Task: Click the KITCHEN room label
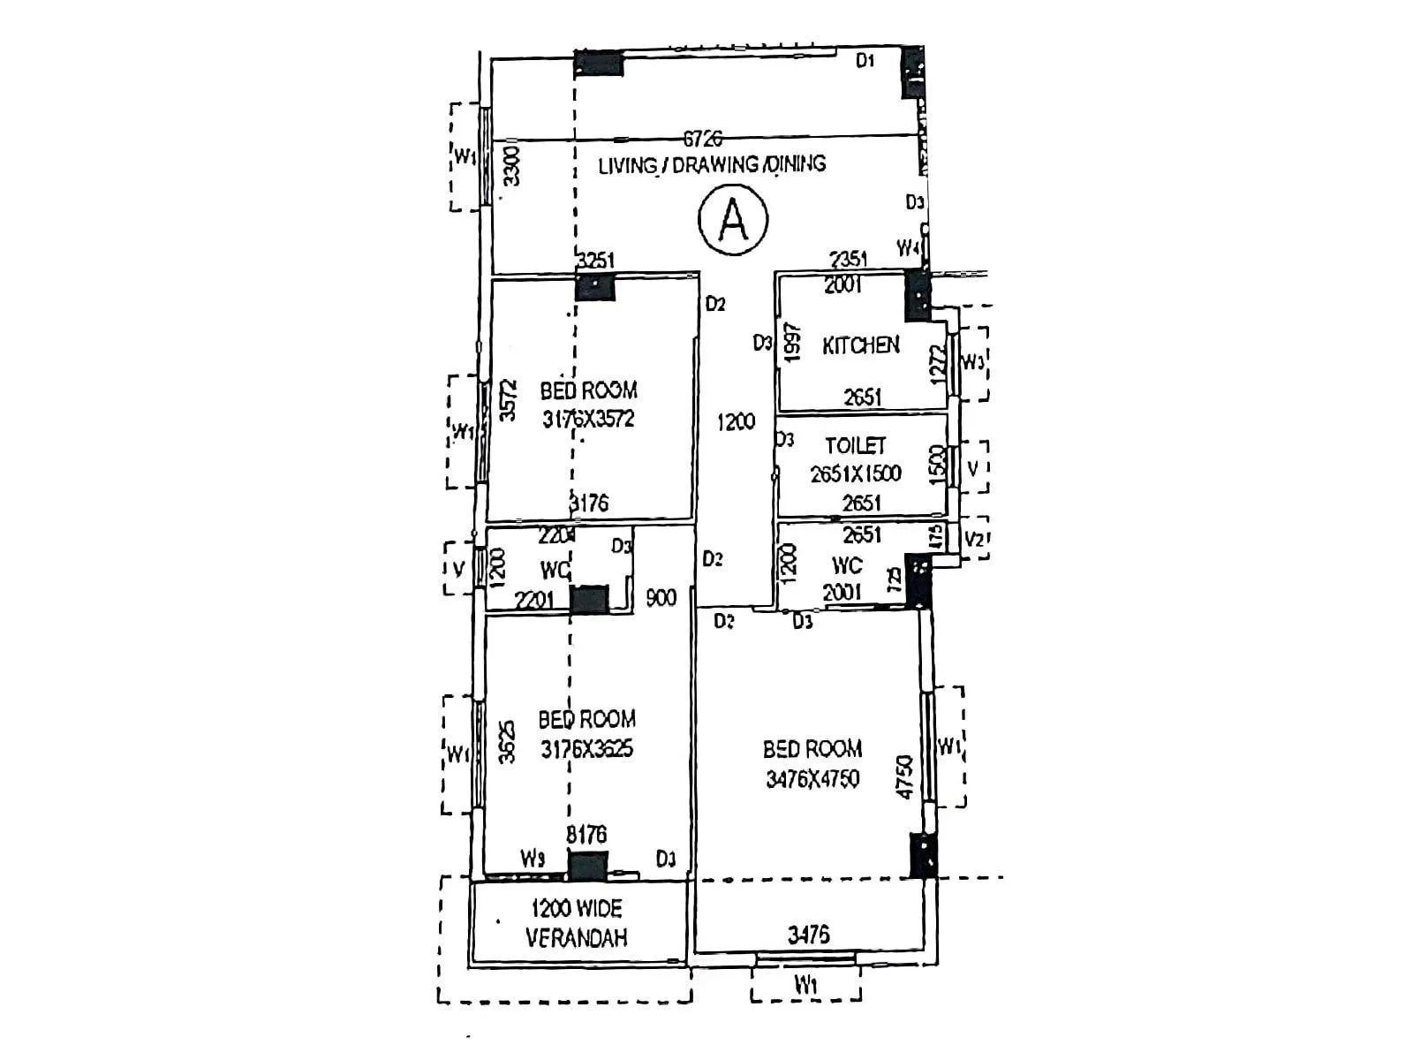(x=861, y=345)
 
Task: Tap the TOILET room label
(x=855, y=445)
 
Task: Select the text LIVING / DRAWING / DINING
(x=712, y=165)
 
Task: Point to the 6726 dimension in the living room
(x=703, y=139)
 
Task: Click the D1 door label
(x=865, y=60)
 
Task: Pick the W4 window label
(x=908, y=247)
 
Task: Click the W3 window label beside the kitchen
(x=971, y=362)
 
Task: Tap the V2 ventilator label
(x=974, y=540)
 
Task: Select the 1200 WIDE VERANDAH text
(x=577, y=923)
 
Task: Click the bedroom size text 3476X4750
(x=812, y=779)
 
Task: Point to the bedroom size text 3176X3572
(x=588, y=419)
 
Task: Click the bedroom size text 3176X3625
(x=586, y=749)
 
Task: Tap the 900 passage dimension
(x=661, y=598)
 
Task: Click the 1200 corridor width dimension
(x=735, y=421)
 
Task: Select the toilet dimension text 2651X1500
(x=856, y=474)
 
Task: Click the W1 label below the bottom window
(x=805, y=984)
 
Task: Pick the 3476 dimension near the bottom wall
(x=808, y=935)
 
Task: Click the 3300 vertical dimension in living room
(x=510, y=166)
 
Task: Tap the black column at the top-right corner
(x=912, y=72)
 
